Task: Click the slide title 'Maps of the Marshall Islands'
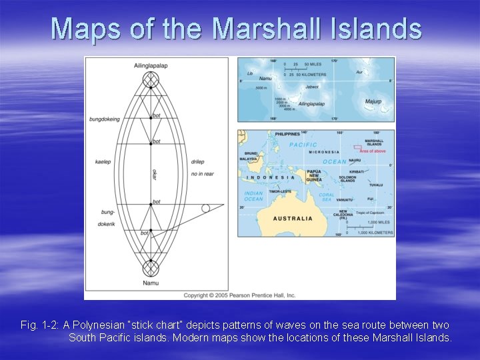(237, 29)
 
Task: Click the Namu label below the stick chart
(151, 283)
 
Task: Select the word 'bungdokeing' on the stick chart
(105, 119)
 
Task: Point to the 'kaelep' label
(103, 162)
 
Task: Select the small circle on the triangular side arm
(205, 208)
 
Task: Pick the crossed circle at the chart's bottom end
(151, 269)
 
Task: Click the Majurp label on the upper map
(373, 101)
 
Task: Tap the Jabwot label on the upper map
(312, 87)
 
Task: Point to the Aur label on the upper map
(359, 71)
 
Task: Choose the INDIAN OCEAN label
(253, 196)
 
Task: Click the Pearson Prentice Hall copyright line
(240, 295)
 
